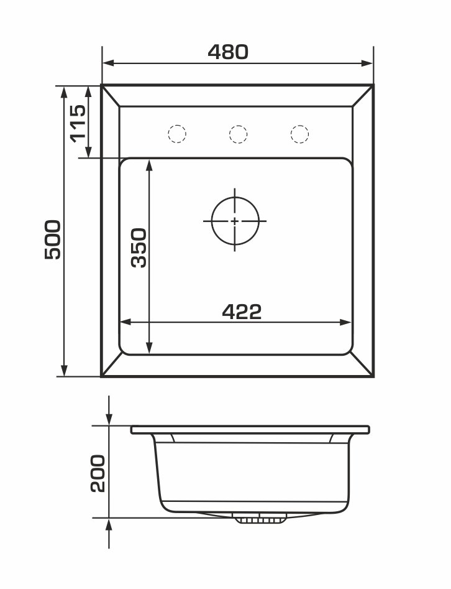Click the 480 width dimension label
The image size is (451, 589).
228,52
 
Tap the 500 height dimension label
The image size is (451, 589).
53,239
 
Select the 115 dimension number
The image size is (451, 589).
78,124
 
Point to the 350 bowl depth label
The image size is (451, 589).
139,248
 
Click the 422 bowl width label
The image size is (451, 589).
242,312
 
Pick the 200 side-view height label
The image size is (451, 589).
98,473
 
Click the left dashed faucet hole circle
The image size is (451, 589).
176,133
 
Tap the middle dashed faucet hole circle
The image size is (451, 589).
238,134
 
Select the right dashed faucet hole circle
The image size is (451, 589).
299,134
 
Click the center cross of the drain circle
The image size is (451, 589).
235,221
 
